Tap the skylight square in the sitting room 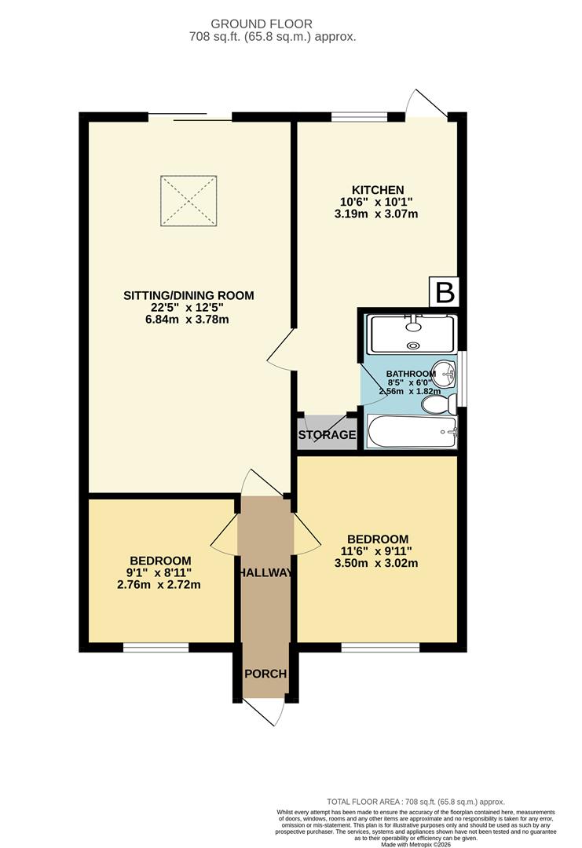pyautogui.click(x=189, y=200)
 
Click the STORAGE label pyautogui.click(x=327, y=435)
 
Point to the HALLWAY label pyautogui.click(x=265, y=572)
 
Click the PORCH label pyautogui.click(x=265, y=674)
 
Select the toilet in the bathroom pyautogui.click(x=439, y=404)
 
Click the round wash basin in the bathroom pyautogui.click(x=446, y=373)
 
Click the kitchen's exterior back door pyautogui.click(x=428, y=106)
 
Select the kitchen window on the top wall pyautogui.click(x=359, y=118)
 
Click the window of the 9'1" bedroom pyautogui.click(x=156, y=648)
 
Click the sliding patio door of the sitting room pyautogui.click(x=191, y=118)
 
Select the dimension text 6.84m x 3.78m pyautogui.click(x=188, y=320)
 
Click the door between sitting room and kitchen pyautogui.click(x=280, y=349)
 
